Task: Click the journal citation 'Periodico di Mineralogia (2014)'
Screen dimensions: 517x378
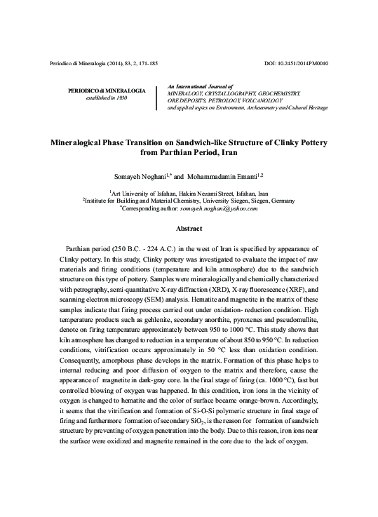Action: click(85, 64)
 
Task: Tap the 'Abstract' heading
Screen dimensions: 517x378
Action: click(189, 229)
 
